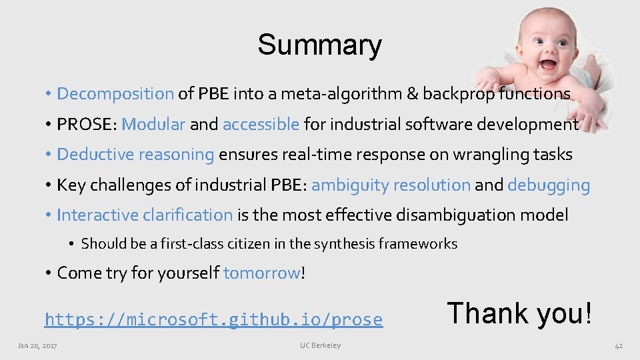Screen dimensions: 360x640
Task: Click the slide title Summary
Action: point(319,45)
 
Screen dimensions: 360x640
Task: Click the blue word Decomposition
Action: point(115,94)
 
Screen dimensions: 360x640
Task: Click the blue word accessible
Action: point(261,124)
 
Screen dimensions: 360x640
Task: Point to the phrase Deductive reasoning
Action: point(135,155)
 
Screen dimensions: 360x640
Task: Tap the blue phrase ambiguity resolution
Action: point(391,185)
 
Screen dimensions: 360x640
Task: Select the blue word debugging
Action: point(549,185)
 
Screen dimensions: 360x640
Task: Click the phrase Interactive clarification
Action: point(145,215)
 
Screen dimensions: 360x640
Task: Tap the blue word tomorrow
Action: point(262,273)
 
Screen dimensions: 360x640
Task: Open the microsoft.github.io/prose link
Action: point(213,320)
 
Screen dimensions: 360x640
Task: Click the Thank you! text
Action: point(519,312)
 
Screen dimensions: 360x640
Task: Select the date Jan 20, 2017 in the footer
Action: point(37,345)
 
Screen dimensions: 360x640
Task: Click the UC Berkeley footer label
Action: point(320,345)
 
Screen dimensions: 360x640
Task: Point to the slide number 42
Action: point(618,345)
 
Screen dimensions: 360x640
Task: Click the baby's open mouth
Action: point(547,65)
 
